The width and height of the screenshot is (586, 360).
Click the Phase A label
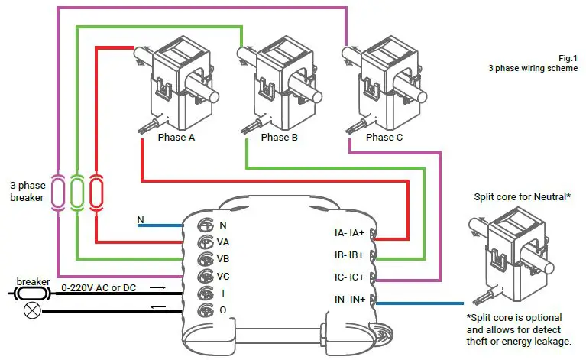coord(176,138)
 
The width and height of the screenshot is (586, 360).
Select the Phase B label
coord(280,138)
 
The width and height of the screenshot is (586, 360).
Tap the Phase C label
coord(384,138)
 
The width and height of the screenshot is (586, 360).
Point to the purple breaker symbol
coord(58,191)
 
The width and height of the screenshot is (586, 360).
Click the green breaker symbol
coord(77,191)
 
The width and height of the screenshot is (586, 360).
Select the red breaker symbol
coord(96,191)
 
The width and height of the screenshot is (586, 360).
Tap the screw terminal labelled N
coord(205,225)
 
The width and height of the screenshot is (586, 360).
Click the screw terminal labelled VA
coord(205,242)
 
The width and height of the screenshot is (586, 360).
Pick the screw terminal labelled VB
coord(205,259)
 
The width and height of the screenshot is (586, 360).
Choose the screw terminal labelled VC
coord(205,276)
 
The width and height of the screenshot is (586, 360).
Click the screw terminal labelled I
coord(205,294)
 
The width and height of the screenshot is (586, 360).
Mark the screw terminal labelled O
coord(205,310)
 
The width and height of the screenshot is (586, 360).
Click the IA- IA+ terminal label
coord(350,233)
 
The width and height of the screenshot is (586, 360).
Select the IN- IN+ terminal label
coord(350,300)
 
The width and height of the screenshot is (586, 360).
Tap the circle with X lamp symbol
coord(33,310)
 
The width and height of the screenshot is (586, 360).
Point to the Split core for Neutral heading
coord(523,197)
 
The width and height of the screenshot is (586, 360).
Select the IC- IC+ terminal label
coord(350,277)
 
